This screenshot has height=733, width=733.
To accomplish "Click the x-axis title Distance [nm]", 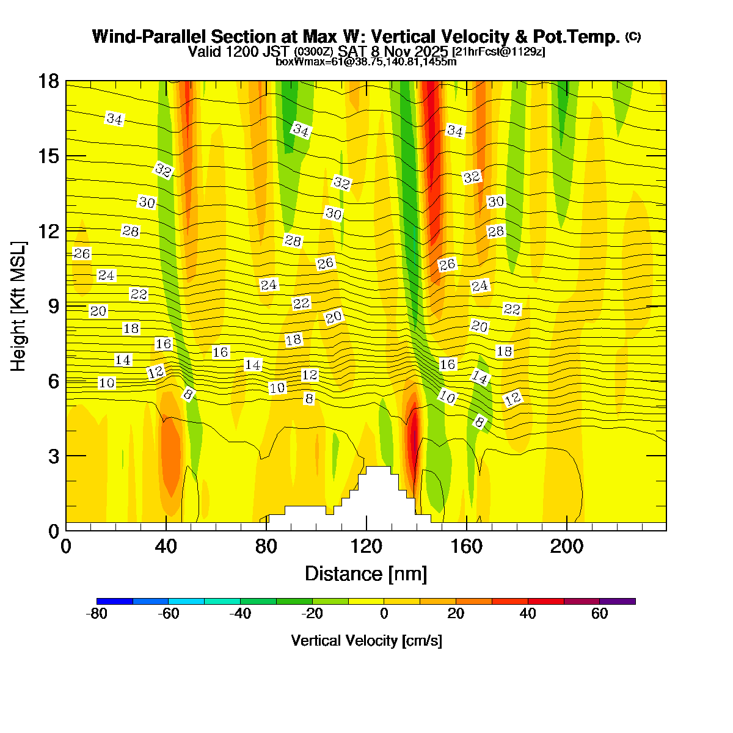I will coord(366,574).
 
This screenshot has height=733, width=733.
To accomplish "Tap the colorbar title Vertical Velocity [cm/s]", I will coord(366,641).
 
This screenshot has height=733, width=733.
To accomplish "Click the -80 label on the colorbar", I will coord(98,614).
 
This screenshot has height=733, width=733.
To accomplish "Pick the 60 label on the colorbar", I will coord(599,614).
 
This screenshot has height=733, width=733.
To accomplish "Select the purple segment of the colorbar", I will coord(617,601).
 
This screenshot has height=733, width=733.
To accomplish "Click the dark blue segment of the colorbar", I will coord(115,601).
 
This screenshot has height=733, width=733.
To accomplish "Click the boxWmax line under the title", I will coord(366,62).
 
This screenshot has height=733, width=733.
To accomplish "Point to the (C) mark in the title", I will coord(633,37).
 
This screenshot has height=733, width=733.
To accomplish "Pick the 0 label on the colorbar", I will coord(384,614).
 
